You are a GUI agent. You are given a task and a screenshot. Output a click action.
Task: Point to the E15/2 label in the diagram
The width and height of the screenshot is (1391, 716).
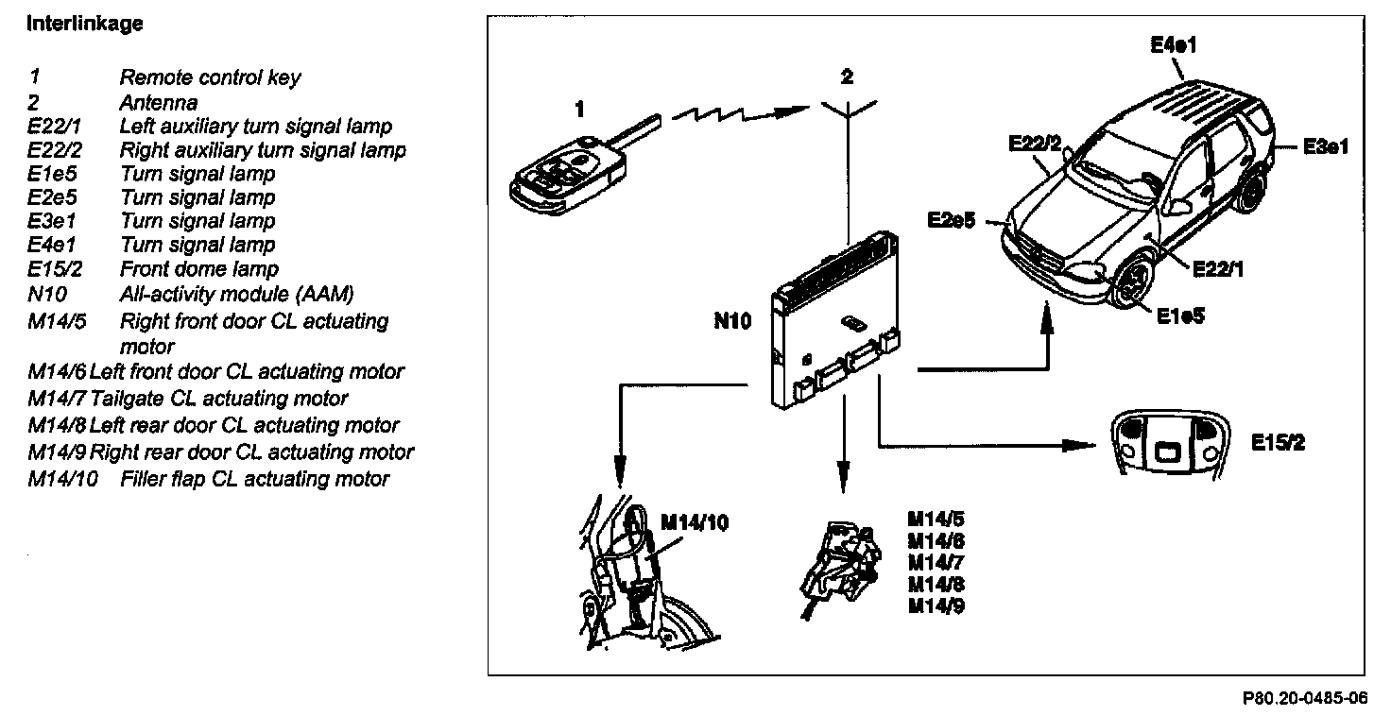click(1278, 442)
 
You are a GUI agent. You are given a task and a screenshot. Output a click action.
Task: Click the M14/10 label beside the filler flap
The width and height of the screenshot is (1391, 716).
click(695, 521)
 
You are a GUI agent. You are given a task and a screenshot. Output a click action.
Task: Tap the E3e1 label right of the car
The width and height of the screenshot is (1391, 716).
click(1325, 146)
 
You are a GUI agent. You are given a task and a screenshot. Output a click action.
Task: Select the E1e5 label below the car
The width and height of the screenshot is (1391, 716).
click(1180, 316)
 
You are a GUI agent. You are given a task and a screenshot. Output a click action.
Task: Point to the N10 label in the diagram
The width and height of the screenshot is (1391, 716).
click(732, 321)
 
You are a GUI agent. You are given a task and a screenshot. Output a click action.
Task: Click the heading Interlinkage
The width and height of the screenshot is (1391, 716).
click(85, 25)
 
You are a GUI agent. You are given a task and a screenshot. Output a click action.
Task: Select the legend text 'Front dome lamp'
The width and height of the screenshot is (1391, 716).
click(198, 268)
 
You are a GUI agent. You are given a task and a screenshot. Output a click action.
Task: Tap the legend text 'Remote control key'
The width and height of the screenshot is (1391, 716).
click(210, 77)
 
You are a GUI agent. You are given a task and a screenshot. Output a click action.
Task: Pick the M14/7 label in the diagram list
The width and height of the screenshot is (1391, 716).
click(936, 563)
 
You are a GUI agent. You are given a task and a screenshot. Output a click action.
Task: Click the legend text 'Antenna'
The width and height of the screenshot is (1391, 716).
click(158, 101)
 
